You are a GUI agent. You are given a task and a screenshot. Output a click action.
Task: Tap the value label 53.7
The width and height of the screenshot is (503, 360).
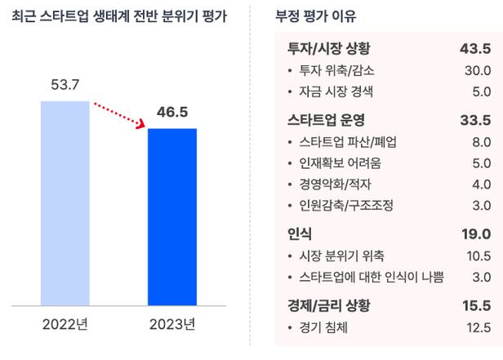[x=65, y=85]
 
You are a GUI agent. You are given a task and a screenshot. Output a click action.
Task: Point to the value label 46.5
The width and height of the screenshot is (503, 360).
[x=172, y=112]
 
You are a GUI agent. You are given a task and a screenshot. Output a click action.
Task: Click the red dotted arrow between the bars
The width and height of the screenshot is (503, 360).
[x=119, y=113]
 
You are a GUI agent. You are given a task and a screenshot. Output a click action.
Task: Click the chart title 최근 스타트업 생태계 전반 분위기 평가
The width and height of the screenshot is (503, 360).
[x=120, y=16]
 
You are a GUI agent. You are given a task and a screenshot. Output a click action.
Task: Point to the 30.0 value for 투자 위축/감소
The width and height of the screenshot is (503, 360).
[x=477, y=71]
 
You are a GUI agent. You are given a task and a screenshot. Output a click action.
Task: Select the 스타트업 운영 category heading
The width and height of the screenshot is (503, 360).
[x=323, y=121]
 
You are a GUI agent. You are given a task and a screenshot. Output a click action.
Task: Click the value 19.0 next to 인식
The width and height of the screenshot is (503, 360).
[x=475, y=234]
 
